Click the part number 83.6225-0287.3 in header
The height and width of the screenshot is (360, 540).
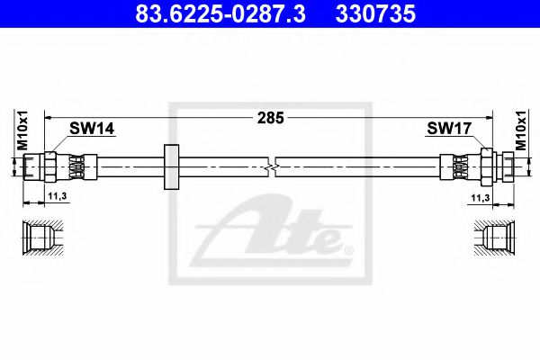(x=220, y=13)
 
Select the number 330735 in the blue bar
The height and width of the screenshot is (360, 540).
(x=375, y=13)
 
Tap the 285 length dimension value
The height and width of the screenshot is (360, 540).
(x=270, y=118)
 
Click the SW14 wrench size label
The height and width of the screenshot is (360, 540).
(x=92, y=129)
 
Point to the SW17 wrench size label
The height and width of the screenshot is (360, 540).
(x=449, y=129)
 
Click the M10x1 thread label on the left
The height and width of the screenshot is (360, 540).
(x=22, y=130)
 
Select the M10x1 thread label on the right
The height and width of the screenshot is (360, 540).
(x=521, y=130)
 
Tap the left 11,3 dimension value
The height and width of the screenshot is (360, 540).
(x=58, y=196)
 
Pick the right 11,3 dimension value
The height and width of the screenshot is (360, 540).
(x=481, y=198)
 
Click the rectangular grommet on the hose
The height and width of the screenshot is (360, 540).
(x=171, y=167)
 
